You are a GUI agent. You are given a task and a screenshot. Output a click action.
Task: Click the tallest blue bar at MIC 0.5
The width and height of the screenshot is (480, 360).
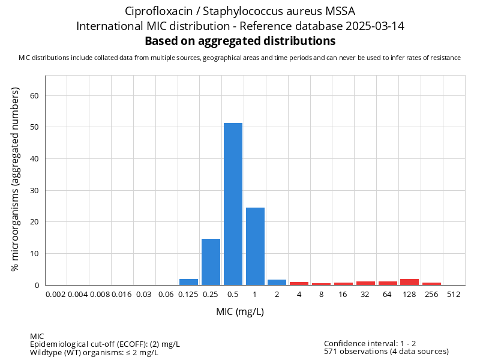pyautogui.click(x=233, y=204)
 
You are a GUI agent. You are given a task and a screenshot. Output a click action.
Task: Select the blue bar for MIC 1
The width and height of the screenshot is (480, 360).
pyautogui.click(x=255, y=246)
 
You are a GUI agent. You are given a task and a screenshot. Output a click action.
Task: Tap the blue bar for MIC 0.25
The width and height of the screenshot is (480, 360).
pyautogui.click(x=211, y=262)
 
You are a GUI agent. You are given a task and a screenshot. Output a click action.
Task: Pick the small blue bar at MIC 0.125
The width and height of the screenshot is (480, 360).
pyautogui.click(x=188, y=282)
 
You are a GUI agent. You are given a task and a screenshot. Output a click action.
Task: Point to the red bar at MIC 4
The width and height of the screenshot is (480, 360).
pyautogui.click(x=299, y=283)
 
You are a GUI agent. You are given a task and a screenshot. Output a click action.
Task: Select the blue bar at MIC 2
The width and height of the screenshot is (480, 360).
pyautogui.click(x=277, y=282)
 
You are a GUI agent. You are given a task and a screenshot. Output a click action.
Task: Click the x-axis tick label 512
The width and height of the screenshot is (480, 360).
pyautogui.click(x=454, y=295)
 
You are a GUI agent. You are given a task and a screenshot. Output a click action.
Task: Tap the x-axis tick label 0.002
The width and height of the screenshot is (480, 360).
pyautogui.click(x=56, y=295)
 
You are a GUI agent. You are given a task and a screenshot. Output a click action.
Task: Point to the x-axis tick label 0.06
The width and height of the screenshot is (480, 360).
pyautogui.click(x=166, y=295)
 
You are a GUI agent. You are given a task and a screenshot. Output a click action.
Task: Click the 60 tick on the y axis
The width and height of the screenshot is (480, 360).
pyautogui.click(x=34, y=95)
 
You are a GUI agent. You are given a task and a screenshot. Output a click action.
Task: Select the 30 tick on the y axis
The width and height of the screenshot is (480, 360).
pyautogui.click(x=34, y=190)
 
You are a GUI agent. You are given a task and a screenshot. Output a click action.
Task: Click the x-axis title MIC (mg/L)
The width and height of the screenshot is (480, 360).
pyautogui.click(x=240, y=312)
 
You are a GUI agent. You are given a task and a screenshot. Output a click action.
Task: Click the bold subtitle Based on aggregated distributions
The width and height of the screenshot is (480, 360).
pyautogui.click(x=240, y=41)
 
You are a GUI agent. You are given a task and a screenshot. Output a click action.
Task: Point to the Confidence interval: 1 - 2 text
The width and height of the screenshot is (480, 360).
pyautogui.click(x=370, y=343)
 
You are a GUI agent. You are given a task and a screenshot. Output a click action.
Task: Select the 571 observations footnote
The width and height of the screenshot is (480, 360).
pyautogui.click(x=386, y=351)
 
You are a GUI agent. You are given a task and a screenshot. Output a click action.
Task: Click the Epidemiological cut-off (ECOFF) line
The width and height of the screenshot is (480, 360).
pyautogui.click(x=104, y=344)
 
